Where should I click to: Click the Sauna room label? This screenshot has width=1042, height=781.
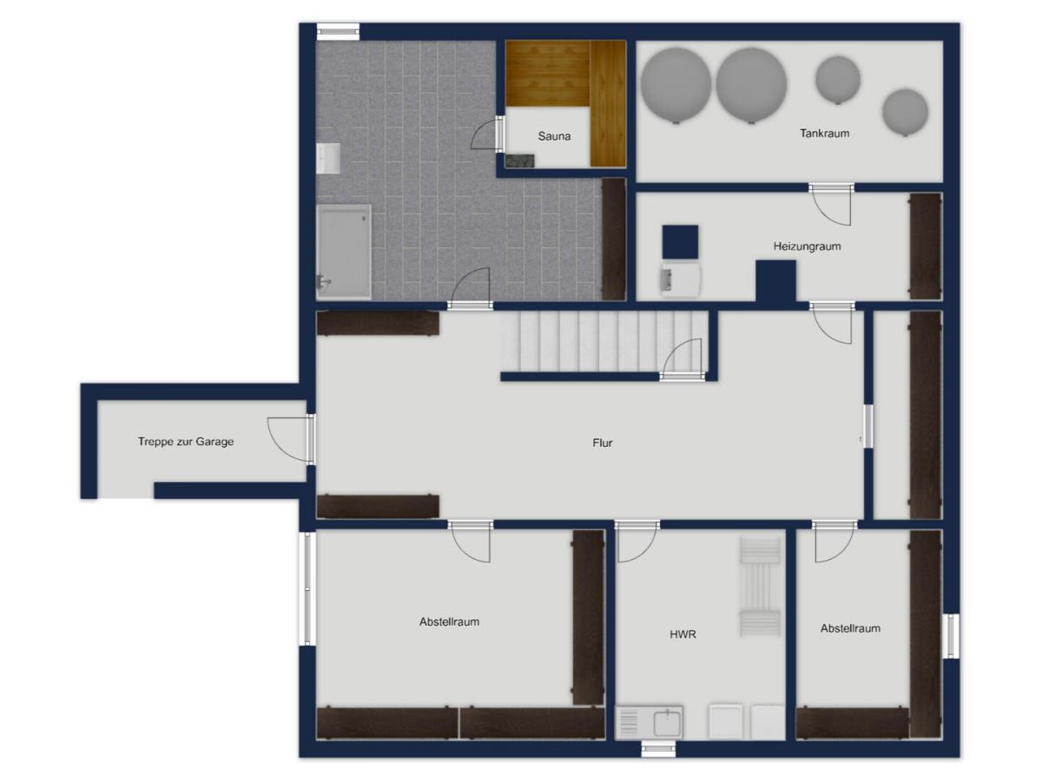coord(554,136)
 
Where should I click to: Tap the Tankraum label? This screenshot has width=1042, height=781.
coord(824,134)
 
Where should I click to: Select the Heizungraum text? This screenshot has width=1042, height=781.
coord(807,246)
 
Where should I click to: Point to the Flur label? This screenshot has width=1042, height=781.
coord(602,443)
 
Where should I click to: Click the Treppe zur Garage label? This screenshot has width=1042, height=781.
coord(186,442)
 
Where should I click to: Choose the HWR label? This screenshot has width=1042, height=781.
coord(683,634)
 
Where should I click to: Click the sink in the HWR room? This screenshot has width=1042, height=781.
coord(649,722)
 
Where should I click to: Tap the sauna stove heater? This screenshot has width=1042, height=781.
coord(519,161)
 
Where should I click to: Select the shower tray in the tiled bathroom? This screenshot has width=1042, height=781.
coord(344,252)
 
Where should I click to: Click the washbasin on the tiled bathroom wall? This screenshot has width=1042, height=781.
coord(328,159)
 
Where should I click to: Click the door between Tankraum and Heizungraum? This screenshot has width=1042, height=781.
coord(831,205)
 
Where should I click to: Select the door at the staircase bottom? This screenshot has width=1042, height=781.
coord(682,359)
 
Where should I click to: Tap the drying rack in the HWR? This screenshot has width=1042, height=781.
coord(760,587)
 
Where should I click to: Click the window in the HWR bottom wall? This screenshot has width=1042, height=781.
coord(658,749)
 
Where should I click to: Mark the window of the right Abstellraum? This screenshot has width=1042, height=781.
coord(951,636)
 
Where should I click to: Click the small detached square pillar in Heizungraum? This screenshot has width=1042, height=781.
coord(680,242)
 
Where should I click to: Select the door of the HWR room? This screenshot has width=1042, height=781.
coord(636,542)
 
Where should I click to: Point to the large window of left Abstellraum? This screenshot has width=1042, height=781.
coord(307,588)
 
